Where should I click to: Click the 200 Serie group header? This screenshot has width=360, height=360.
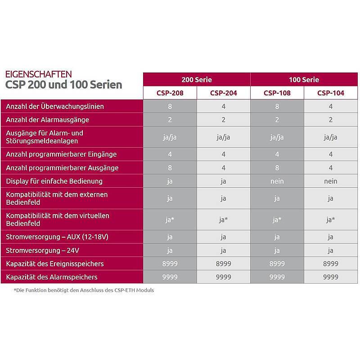click(x=197, y=80)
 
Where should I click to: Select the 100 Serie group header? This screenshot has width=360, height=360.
click(x=304, y=80)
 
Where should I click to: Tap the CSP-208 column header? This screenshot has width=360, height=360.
click(x=170, y=93)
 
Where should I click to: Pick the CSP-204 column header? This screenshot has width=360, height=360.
click(x=224, y=93)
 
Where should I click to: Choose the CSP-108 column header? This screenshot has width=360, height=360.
click(x=277, y=93)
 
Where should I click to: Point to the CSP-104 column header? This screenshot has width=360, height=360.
click(x=331, y=93)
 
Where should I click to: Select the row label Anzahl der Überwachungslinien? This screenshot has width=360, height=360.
click(x=55, y=107)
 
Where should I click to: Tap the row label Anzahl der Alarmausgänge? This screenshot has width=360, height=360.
click(x=47, y=120)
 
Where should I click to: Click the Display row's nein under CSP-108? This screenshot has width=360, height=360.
click(x=277, y=181)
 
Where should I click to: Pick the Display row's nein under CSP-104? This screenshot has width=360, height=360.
click(x=331, y=181)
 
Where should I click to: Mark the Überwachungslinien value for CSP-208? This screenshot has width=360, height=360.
click(x=170, y=107)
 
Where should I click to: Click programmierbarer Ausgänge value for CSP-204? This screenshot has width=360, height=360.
click(x=224, y=168)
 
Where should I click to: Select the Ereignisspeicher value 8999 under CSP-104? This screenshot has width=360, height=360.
click(x=331, y=264)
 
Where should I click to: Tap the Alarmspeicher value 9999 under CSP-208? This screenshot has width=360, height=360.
click(x=170, y=277)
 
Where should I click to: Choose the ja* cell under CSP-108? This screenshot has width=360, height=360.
click(x=277, y=220)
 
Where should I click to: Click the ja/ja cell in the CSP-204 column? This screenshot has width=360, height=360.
click(x=224, y=137)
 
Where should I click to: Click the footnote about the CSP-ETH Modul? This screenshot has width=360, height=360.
click(x=84, y=290)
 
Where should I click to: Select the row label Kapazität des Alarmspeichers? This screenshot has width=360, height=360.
click(x=52, y=277)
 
